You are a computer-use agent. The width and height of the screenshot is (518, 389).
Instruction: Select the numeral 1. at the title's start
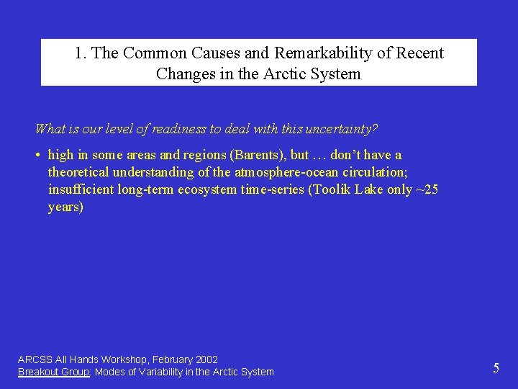[x=81, y=53]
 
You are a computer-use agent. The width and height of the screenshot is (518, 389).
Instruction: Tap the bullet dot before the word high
[x=38, y=156]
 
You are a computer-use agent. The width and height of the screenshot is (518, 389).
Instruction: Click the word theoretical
[x=78, y=172]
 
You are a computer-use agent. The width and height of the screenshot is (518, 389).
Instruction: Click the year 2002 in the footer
[x=206, y=359]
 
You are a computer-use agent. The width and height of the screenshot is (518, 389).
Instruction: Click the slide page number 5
[x=496, y=368]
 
